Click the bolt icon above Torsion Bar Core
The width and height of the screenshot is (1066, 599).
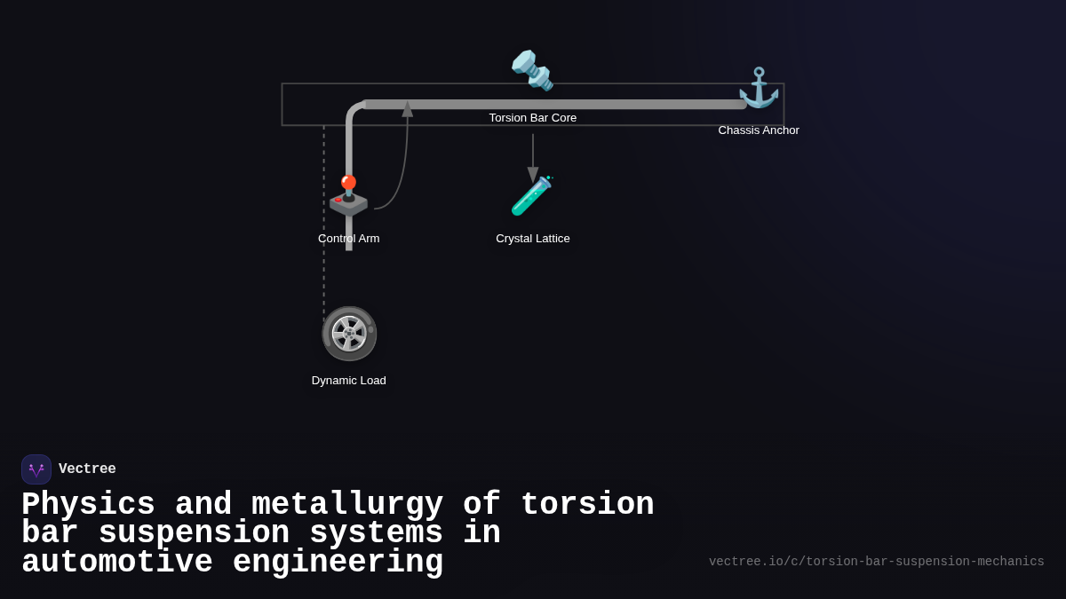[532, 70]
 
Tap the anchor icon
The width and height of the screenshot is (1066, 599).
[759, 88]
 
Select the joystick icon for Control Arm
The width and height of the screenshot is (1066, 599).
[348, 196]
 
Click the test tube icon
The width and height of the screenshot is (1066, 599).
[532, 196]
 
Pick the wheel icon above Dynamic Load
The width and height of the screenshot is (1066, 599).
[349, 334]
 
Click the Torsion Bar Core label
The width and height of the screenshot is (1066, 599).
[532, 118]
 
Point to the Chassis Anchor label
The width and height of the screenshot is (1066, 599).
[759, 130]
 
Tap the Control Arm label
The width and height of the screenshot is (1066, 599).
[348, 239]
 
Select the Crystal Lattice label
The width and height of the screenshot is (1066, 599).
[532, 239]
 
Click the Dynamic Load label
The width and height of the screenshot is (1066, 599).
[348, 381]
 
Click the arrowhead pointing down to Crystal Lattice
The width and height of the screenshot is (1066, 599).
[533, 175]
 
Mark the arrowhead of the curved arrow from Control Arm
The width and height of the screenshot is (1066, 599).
[408, 109]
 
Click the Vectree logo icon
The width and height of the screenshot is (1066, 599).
[36, 469]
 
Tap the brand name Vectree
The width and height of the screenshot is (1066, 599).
[87, 469]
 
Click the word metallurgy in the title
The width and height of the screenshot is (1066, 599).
[346, 505]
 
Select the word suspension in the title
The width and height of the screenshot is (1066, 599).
[194, 533]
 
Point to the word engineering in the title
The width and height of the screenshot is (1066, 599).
[338, 563]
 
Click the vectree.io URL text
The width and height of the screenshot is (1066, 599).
[876, 562]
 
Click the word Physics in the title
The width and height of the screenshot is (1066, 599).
[88, 505]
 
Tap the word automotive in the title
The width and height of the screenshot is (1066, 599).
[117, 563]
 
